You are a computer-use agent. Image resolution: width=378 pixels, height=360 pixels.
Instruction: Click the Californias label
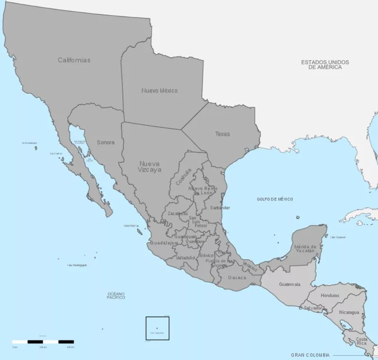click(x=74, y=60)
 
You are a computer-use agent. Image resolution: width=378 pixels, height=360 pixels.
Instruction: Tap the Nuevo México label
click(x=159, y=90)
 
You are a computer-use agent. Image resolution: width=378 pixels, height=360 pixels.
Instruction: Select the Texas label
click(x=223, y=134)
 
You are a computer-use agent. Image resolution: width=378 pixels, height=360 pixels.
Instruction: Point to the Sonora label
click(x=105, y=142)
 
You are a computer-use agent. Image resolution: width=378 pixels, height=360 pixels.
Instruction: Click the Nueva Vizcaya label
click(x=150, y=166)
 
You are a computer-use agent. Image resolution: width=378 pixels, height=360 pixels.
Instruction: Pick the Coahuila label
click(x=183, y=176)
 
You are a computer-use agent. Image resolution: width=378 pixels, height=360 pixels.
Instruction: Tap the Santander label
click(x=220, y=208)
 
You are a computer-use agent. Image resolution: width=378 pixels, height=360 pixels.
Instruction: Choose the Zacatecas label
click(x=178, y=213)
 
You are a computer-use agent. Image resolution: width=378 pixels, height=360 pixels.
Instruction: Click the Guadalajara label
click(x=163, y=243)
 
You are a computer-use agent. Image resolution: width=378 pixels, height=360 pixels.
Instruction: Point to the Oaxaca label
click(x=237, y=277)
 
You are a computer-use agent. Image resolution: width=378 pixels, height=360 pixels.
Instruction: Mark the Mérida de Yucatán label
click(x=304, y=248)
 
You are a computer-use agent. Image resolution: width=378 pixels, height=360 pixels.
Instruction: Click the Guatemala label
click(x=290, y=284)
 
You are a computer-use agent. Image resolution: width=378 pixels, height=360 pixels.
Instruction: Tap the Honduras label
click(x=330, y=295)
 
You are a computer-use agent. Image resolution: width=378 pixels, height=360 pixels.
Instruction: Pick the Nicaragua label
click(x=350, y=312)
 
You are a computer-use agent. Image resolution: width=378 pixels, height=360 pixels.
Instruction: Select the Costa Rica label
click(x=362, y=341)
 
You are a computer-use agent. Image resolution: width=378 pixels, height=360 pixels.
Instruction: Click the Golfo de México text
click(x=275, y=199)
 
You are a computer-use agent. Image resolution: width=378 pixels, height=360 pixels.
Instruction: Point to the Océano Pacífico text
click(x=116, y=296)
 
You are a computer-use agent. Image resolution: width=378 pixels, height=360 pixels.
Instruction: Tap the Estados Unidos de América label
click(x=325, y=65)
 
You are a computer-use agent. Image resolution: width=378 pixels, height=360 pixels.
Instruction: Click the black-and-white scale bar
click(x=43, y=341)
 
